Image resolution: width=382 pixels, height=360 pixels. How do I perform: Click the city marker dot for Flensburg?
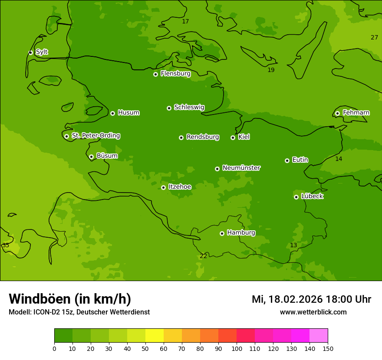tap(155, 74)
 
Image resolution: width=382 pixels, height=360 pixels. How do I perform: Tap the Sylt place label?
tap(42, 52)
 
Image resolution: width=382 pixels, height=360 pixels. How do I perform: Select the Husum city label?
tap(128, 113)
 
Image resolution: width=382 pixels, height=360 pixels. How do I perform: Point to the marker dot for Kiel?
tap(233, 137)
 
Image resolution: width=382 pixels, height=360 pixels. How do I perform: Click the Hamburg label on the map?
tap(241, 233)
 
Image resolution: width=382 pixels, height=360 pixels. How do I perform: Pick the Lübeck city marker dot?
tap(296, 197)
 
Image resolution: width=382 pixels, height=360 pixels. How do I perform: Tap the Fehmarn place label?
tap(356, 113)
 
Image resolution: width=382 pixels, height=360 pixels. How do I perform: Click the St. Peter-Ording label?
tap(95, 136)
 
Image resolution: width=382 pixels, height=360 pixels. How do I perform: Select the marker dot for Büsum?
tap(91, 157)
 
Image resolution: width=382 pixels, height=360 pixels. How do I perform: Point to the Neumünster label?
tap(241, 168)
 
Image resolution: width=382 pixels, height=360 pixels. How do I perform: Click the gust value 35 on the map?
tap(6, 245)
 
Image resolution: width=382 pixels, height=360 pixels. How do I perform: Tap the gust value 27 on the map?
tap(374, 37)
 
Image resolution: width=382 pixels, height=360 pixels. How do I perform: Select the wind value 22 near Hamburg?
tap(204, 256)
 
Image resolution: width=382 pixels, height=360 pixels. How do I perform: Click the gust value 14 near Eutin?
tap(339, 159)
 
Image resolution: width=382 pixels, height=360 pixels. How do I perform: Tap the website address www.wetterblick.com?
tap(313, 312)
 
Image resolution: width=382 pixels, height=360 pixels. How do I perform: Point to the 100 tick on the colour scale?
tap(237, 348)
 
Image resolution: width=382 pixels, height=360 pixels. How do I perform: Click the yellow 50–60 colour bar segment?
tap(155, 336)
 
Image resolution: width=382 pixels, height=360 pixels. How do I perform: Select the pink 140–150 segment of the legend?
tap(319, 336)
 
